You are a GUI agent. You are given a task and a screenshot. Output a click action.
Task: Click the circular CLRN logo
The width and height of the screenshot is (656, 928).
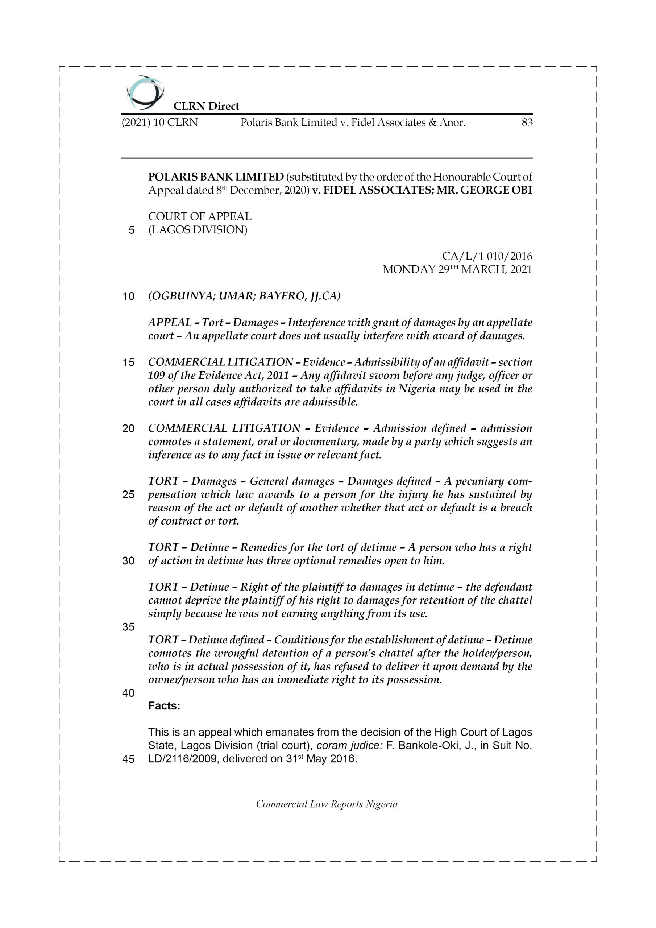pyautogui.click(x=145, y=93)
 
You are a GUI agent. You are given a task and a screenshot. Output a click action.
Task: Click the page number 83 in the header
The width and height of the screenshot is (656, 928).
pyautogui.click(x=527, y=123)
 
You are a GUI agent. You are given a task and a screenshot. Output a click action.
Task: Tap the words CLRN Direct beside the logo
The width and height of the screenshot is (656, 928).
pyautogui.click(x=206, y=106)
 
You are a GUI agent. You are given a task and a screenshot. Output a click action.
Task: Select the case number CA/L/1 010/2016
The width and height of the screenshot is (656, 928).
pyautogui.click(x=487, y=256)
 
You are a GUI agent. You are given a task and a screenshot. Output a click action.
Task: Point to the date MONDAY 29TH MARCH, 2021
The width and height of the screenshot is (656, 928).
pyautogui.click(x=457, y=270)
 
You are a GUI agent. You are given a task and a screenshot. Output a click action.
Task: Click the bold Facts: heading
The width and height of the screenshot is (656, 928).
pyautogui.click(x=164, y=706)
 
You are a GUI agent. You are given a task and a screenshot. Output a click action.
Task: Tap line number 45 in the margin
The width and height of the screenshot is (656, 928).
pyautogui.click(x=128, y=759)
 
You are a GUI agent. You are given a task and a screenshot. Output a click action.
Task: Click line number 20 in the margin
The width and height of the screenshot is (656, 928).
pyautogui.click(x=128, y=429)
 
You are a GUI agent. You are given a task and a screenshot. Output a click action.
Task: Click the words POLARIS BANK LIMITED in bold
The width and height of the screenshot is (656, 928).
pyautogui.click(x=216, y=177)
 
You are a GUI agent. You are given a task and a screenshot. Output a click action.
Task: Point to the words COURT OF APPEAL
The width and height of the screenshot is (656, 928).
pyautogui.click(x=200, y=217)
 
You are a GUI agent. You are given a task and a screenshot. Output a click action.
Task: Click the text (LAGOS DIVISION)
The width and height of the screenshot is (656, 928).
pyautogui.click(x=198, y=230)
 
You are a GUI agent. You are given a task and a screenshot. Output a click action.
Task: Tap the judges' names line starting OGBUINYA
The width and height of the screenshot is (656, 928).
pyautogui.click(x=245, y=296)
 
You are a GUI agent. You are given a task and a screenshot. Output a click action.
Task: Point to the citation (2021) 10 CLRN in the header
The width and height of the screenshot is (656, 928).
pyautogui.click(x=160, y=123)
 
